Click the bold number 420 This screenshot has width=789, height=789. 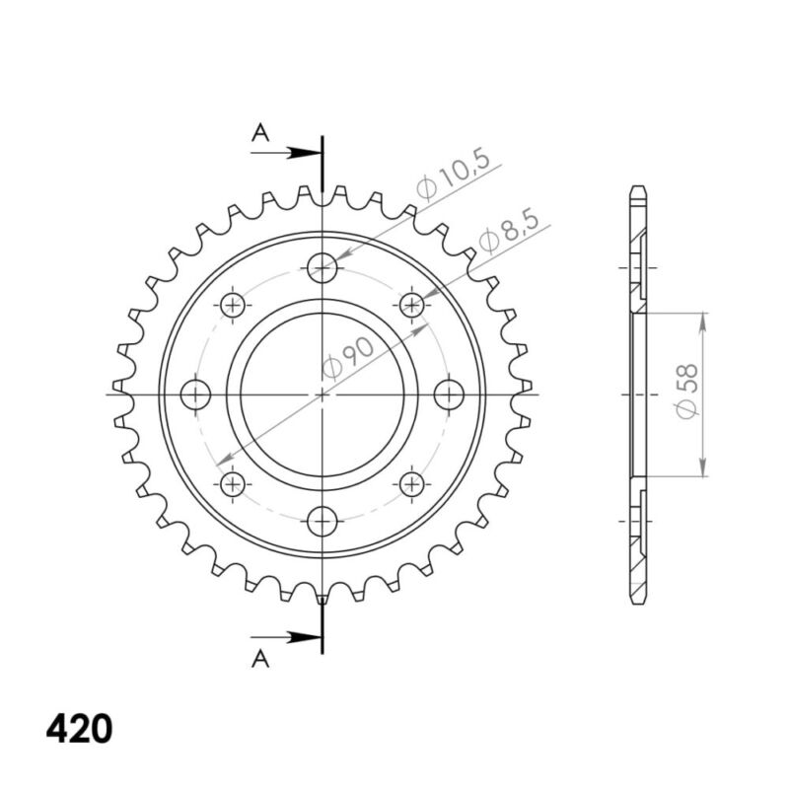click(79, 729)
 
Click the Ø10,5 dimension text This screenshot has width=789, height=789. click(453, 179)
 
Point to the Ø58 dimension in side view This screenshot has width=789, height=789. click(687, 394)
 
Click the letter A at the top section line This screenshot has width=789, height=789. click(260, 133)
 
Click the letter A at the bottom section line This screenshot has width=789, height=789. click(260, 658)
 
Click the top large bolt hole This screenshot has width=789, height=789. click(323, 267)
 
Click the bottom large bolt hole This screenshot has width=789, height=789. click(323, 520)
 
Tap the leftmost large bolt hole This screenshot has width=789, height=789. click(197, 394)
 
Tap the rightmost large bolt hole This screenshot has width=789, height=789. click(449, 394)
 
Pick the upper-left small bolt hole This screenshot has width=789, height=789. click(234, 305)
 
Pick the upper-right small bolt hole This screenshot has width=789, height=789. click(412, 305)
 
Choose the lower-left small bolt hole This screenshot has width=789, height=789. click(234, 483)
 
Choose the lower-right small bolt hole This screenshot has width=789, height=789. click(412, 483)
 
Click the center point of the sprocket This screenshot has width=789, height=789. click(323, 394)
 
